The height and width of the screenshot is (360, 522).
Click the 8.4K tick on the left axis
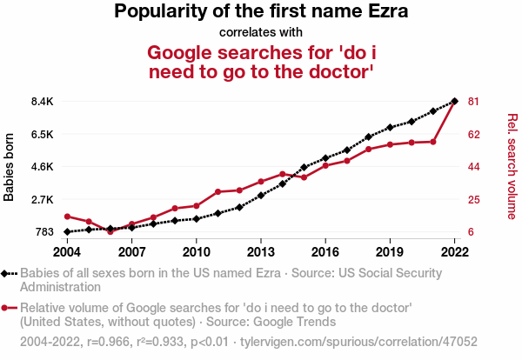click(42, 102)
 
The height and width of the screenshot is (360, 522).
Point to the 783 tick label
click(44, 232)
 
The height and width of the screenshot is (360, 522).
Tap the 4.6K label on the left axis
click(42, 167)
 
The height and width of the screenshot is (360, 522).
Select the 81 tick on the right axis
click(474, 102)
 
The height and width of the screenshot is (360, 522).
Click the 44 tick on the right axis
click(474, 167)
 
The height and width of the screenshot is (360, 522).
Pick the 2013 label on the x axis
click(260, 252)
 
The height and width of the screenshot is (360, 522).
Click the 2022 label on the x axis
click(454, 252)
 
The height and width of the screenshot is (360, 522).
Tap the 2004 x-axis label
click(67, 252)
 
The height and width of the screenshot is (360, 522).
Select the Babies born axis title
click(10, 167)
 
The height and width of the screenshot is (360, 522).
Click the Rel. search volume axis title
click(512, 167)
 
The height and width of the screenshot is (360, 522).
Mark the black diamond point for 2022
click(454, 101)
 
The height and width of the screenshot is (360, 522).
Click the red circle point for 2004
click(67, 216)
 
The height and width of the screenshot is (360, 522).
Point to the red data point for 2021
click(432, 142)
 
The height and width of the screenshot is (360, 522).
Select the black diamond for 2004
click(67, 232)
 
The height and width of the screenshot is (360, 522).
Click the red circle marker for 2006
click(110, 231)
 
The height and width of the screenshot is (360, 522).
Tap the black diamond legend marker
click(7, 273)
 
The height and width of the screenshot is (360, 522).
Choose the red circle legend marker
click(7, 308)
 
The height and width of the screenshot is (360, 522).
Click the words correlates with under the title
click(261, 33)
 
